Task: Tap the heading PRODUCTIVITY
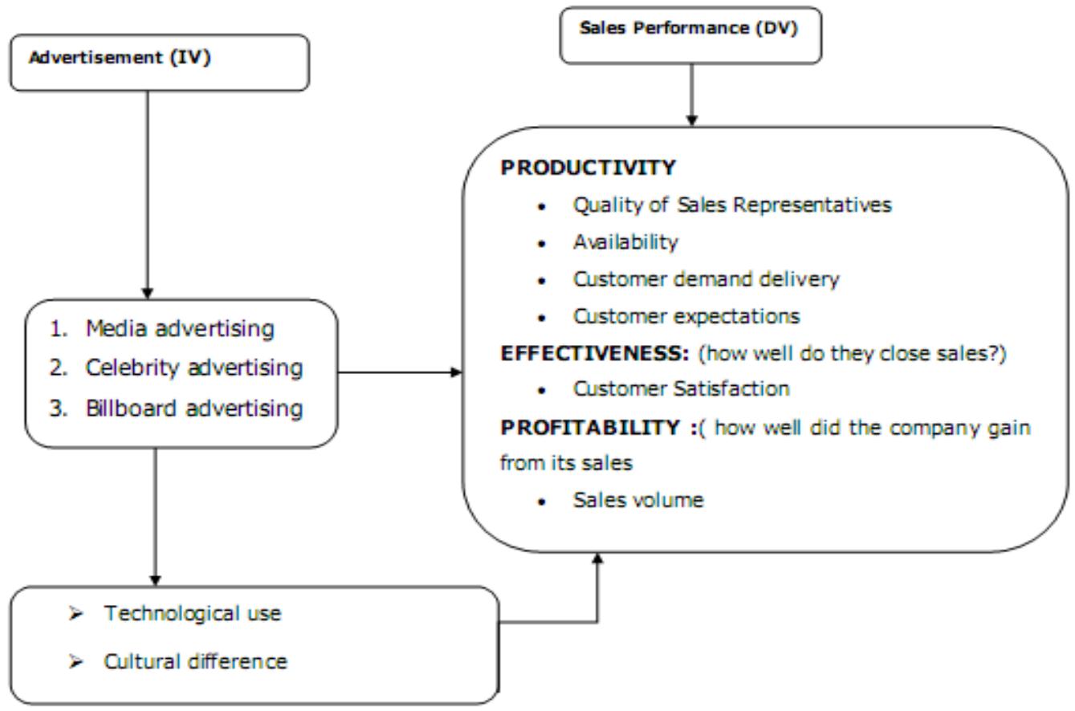pyautogui.click(x=588, y=169)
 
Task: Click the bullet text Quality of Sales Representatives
pyautogui.click(x=731, y=205)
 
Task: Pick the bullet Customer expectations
pyautogui.click(x=686, y=315)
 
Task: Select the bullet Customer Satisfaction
pyautogui.click(x=681, y=389)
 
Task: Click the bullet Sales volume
pyautogui.click(x=638, y=500)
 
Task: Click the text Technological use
pyautogui.click(x=193, y=614)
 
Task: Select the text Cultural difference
pyautogui.click(x=195, y=662)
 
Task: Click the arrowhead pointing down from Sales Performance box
pyautogui.click(x=691, y=120)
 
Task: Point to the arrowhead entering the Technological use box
pyautogui.click(x=156, y=579)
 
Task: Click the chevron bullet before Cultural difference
pyautogui.click(x=79, y=663)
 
